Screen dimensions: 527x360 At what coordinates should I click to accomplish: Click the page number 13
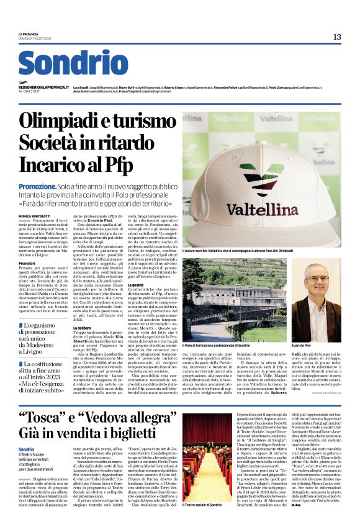point(336,37)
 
